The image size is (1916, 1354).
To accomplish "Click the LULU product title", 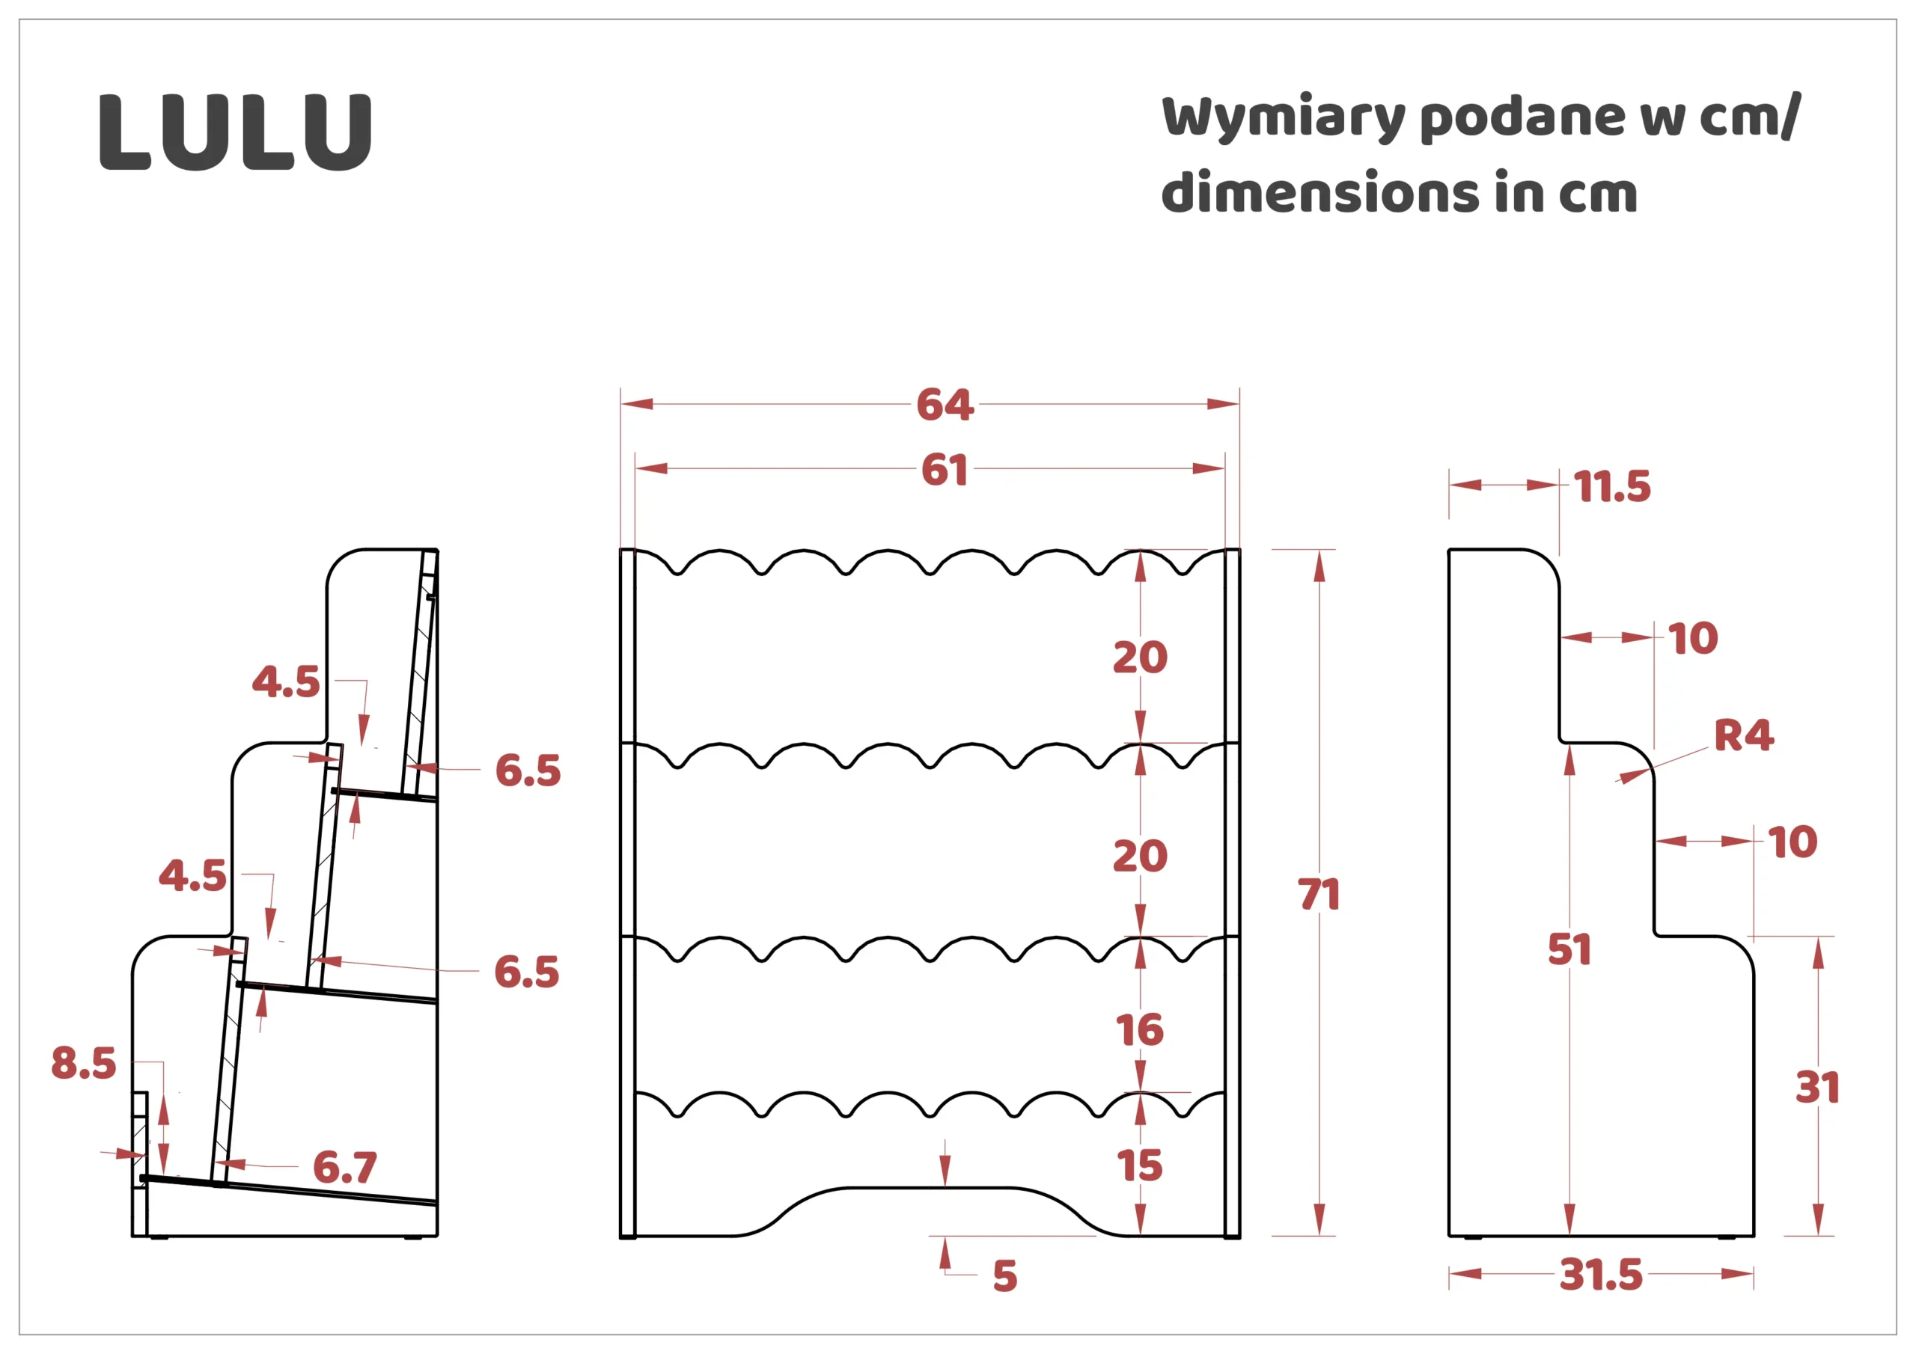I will point(235,132).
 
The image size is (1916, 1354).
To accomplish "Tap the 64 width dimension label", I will point(945,405).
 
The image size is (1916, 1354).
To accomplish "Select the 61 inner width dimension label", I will point(945,470).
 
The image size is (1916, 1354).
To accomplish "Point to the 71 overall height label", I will point(1319,895).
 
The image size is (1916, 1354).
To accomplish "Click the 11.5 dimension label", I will point(1612,486).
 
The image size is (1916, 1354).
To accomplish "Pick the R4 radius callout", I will point(1744,735).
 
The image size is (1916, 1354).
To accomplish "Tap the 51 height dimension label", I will point(1569,949).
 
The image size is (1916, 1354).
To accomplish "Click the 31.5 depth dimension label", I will point(1601,1275).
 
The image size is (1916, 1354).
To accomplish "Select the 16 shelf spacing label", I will point(1140,1030).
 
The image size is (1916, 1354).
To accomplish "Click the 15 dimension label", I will point(1140,1165).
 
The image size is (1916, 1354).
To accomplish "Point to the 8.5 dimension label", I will point(83,1064).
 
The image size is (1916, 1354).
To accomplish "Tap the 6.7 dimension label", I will point(344,1167).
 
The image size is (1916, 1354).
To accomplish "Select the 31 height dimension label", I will point(1816,1088).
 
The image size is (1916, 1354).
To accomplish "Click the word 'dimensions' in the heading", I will point(1319,193).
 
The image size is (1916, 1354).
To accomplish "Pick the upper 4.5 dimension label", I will point(285,682).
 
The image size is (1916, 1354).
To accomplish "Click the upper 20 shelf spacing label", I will point(1140,658).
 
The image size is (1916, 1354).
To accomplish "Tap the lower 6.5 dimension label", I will point(527,972).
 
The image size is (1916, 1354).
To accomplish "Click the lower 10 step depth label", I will point(1793,842).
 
